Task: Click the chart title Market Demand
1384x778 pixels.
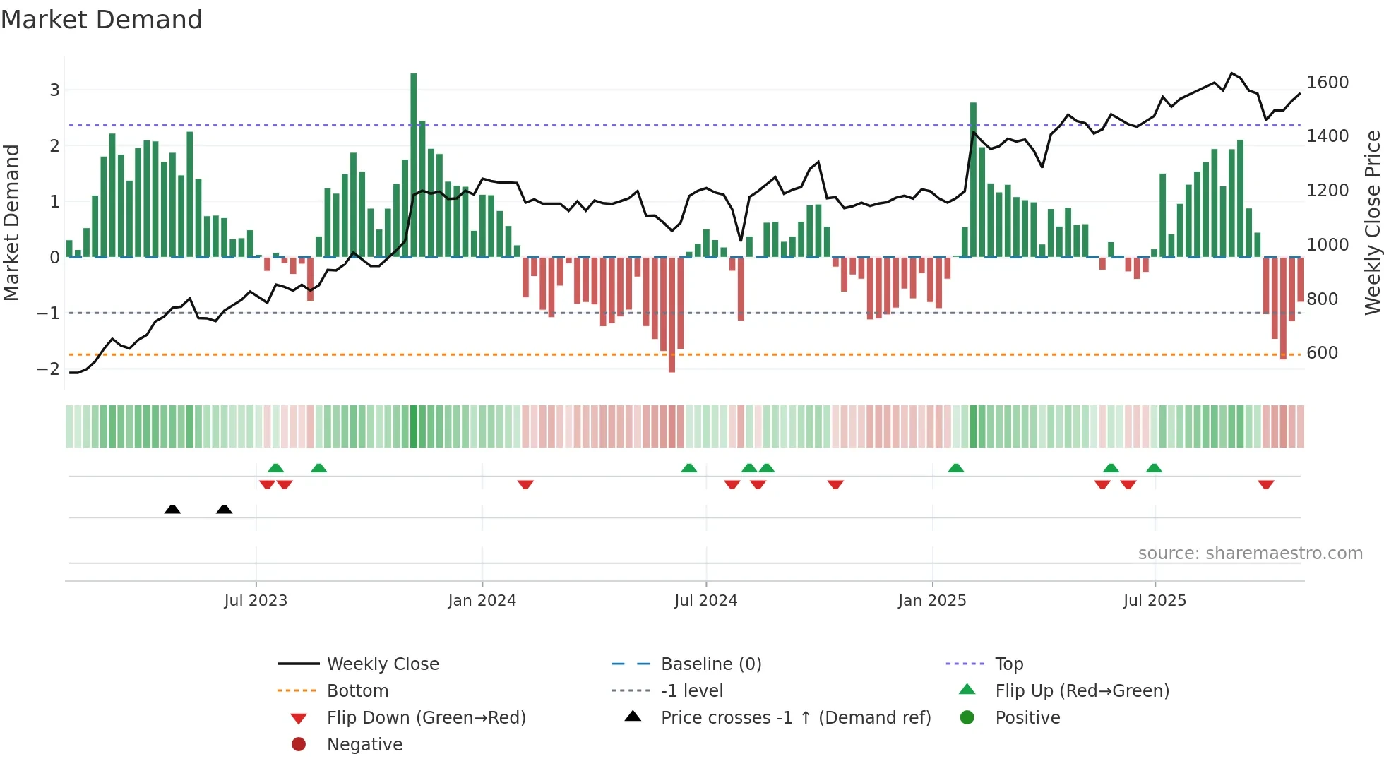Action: point(102,20)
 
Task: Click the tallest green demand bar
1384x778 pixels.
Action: point(414,164)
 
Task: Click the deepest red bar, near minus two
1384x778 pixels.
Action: point(672,314)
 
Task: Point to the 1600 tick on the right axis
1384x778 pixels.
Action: point(1327,83)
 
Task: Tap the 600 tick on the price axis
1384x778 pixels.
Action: point(1322,353)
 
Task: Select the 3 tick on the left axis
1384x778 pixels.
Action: point(54,90)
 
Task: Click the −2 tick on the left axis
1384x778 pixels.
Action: point(49,369)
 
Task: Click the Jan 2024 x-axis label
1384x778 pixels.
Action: point(482,601)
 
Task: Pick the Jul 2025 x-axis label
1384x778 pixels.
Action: point(1155,601)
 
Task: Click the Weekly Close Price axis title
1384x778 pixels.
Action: point(1372,222)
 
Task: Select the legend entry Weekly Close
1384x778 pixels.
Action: point(382,664)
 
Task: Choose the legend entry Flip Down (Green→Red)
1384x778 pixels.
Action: point(426,718)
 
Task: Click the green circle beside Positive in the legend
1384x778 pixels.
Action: point(967,718)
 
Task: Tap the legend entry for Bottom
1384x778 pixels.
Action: point(357,691)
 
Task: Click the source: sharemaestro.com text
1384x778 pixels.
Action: point(1250,553)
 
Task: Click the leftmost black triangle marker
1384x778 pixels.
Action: point(172,509)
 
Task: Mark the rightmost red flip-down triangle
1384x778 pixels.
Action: point(1265,484)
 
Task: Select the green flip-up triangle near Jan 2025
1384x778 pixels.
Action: point(955,468)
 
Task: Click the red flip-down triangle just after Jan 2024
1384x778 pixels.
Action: point(525,484)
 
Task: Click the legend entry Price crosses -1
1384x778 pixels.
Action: point(795,718)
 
